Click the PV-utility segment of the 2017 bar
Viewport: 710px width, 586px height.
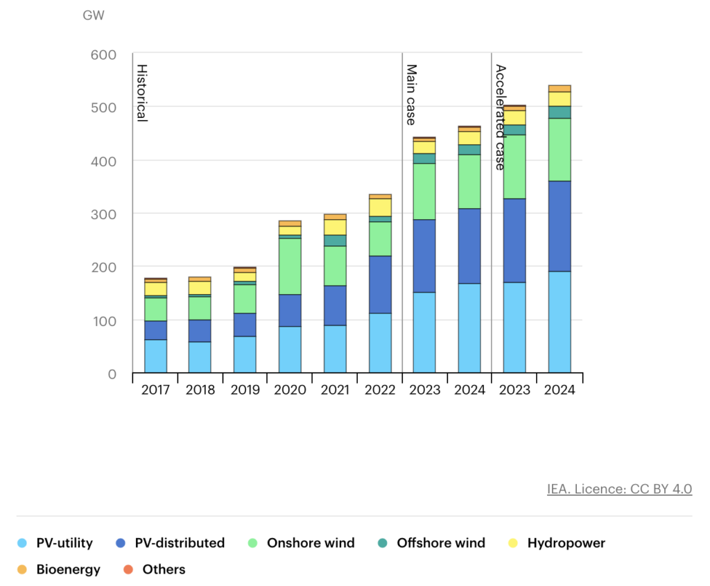pyautogui.click(x=155, y=356)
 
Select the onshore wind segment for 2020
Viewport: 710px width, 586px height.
pyautogui.click(x=290, y=266)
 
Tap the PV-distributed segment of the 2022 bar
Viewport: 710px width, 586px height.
pyautogui.click(x=380, y=284)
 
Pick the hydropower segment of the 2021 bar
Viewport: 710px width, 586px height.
pyautogui.click(x=335, y=227)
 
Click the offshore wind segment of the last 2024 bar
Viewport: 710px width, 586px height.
pyautogui.click(x=559, y=112)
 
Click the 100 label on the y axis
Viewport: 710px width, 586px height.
pyautogui.click(x=103, y=320)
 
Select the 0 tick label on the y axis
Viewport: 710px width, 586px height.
pyautogui.click(x=112, y=374)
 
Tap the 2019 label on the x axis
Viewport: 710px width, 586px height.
pyautogui.click(x=245, y=390)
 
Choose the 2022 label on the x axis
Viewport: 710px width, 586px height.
pyautogui.click(x=380, y=390)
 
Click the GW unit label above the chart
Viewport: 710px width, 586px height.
pyautogui.click(x=93, y=15)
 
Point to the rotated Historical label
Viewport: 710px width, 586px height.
pyautogui.click(x=141, y=93)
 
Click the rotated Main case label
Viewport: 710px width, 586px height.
pyautogui.click(x=410, y=94)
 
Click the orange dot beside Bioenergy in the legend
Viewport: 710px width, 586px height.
pyautogui.click(x=22, y=570)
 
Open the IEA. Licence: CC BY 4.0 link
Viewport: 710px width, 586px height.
pyautogui.click(x=619, y=489)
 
